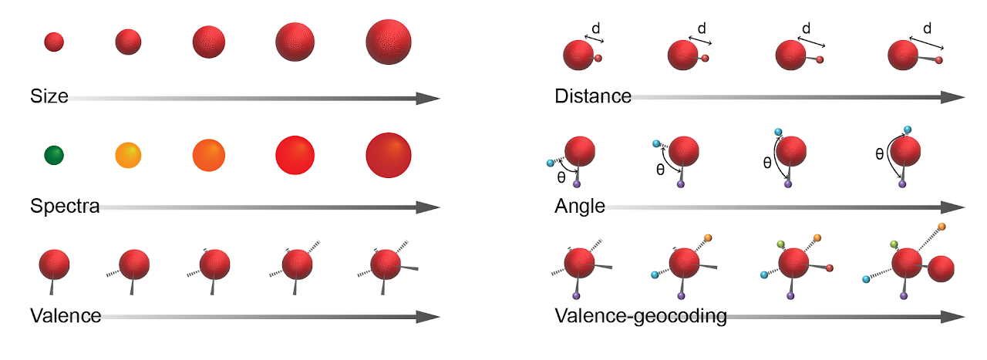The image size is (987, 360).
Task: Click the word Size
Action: tap(49, 97)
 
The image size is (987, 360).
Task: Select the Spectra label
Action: tap(65, 207)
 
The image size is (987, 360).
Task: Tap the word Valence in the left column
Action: tap(66, 316)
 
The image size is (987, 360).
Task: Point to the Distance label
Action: tap(592, 97)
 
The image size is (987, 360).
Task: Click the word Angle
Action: tap(579, 207)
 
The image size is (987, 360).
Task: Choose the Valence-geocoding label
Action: tap(640, 316)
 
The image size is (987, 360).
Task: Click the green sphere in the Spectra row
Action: tap(54, 155)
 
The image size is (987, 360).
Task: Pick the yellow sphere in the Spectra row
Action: tap(128, 155)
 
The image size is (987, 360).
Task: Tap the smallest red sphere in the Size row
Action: tap(54, 42)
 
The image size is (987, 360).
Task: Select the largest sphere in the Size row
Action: tap(388, 42)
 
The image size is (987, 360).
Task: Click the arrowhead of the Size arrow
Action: tap(427, 98)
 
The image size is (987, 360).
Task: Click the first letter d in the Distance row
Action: tap(595, 29)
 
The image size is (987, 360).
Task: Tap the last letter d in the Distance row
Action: tap(927, 29)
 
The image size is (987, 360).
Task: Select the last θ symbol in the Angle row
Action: tap(879, 154)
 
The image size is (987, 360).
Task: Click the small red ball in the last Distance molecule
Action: tap(938, 59)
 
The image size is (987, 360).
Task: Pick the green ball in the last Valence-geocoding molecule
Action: tap(894, 244)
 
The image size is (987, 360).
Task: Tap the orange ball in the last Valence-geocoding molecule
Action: tap(942, 227)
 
